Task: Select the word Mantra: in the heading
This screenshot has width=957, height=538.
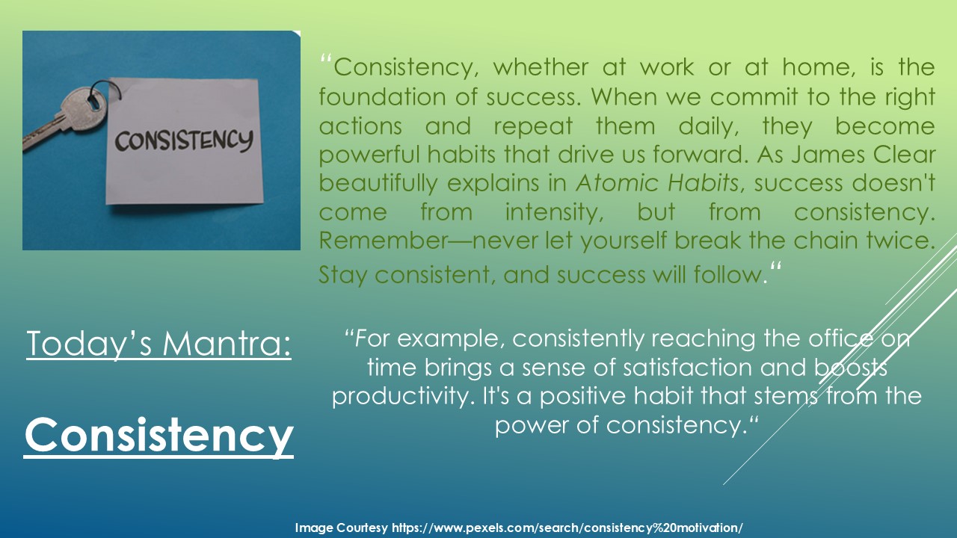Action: pyautogui.click(x=227, y=343)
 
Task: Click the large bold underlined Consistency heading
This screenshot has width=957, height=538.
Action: pyautogui.click(x=159, y=435)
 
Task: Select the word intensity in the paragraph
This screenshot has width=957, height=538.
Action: pyautogui.click(x=554, y=212)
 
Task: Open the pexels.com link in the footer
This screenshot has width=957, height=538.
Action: pyautogui.click(x=567, y=528)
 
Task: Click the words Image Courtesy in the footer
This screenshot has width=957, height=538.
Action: pyautogui.click(x=342, y=528)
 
